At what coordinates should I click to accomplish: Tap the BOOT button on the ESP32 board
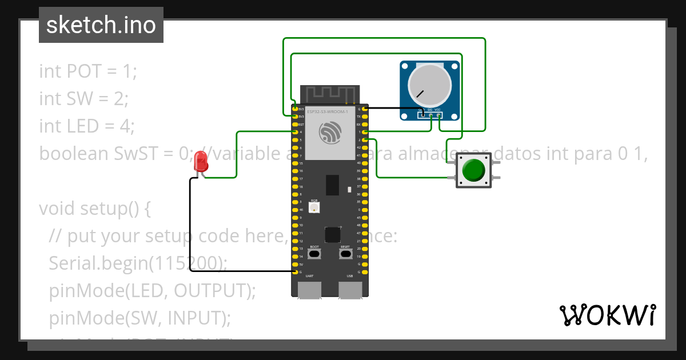point(314,254)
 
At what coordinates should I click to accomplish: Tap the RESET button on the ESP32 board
point(345,254)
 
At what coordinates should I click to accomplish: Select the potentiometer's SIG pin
point(430,115)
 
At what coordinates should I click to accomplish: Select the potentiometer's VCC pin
point(438,115)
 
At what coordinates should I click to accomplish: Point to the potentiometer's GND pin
point(422,115)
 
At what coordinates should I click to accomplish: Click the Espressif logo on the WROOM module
point(330,134)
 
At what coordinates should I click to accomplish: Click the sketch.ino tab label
point(101,25)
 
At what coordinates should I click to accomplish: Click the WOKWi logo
point(607,315)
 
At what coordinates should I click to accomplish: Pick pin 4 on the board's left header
point(295,132)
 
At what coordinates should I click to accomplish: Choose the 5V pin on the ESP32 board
point(295,265)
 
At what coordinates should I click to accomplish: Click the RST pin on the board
point(295,124)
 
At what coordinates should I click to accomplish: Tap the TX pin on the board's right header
point(365,116)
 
